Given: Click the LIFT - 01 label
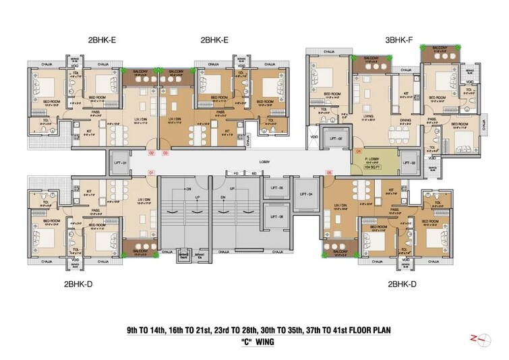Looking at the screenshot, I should pyautogui.click(x=120, y=162).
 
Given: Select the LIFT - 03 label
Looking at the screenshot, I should pyautogui.click(x=409, y=162).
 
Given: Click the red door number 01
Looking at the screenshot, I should pyautogui.click(x=152, y=173).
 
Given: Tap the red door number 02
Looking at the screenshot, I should pyautogui.click(x=152, y=153).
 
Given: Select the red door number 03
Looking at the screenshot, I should pyautogui.click(x=165, y=153).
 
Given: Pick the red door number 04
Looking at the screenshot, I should pyautogui.click(x=359, y=152).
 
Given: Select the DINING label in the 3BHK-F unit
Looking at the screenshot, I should pyautogui.click(x=405, y=120).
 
